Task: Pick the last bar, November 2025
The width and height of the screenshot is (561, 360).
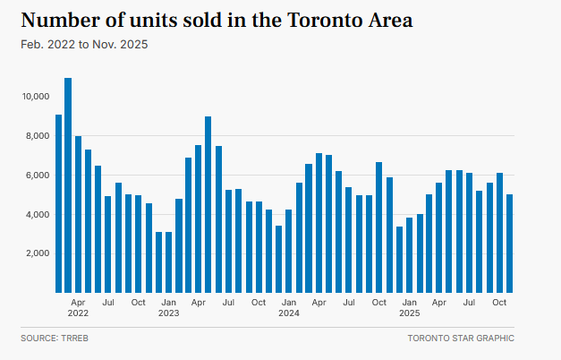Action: [x=509, y=243]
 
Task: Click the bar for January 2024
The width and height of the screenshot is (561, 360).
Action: [x=288, y=251]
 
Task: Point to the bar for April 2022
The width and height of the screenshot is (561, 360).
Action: [x=78, y=214]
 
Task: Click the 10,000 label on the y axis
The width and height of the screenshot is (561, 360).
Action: [x=37, y=96]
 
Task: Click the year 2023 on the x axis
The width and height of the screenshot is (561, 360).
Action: [x=168, y=313]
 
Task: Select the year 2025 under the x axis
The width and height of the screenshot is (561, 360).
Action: [x=409, y=313]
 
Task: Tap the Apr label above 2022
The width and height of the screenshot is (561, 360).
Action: [x=78, y=302]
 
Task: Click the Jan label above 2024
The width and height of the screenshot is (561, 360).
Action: [x=288, y=302]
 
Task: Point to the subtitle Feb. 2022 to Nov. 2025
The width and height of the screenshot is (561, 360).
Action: [x=84, y=44]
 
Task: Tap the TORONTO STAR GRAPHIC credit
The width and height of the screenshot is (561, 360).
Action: [x=460, y=339]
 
